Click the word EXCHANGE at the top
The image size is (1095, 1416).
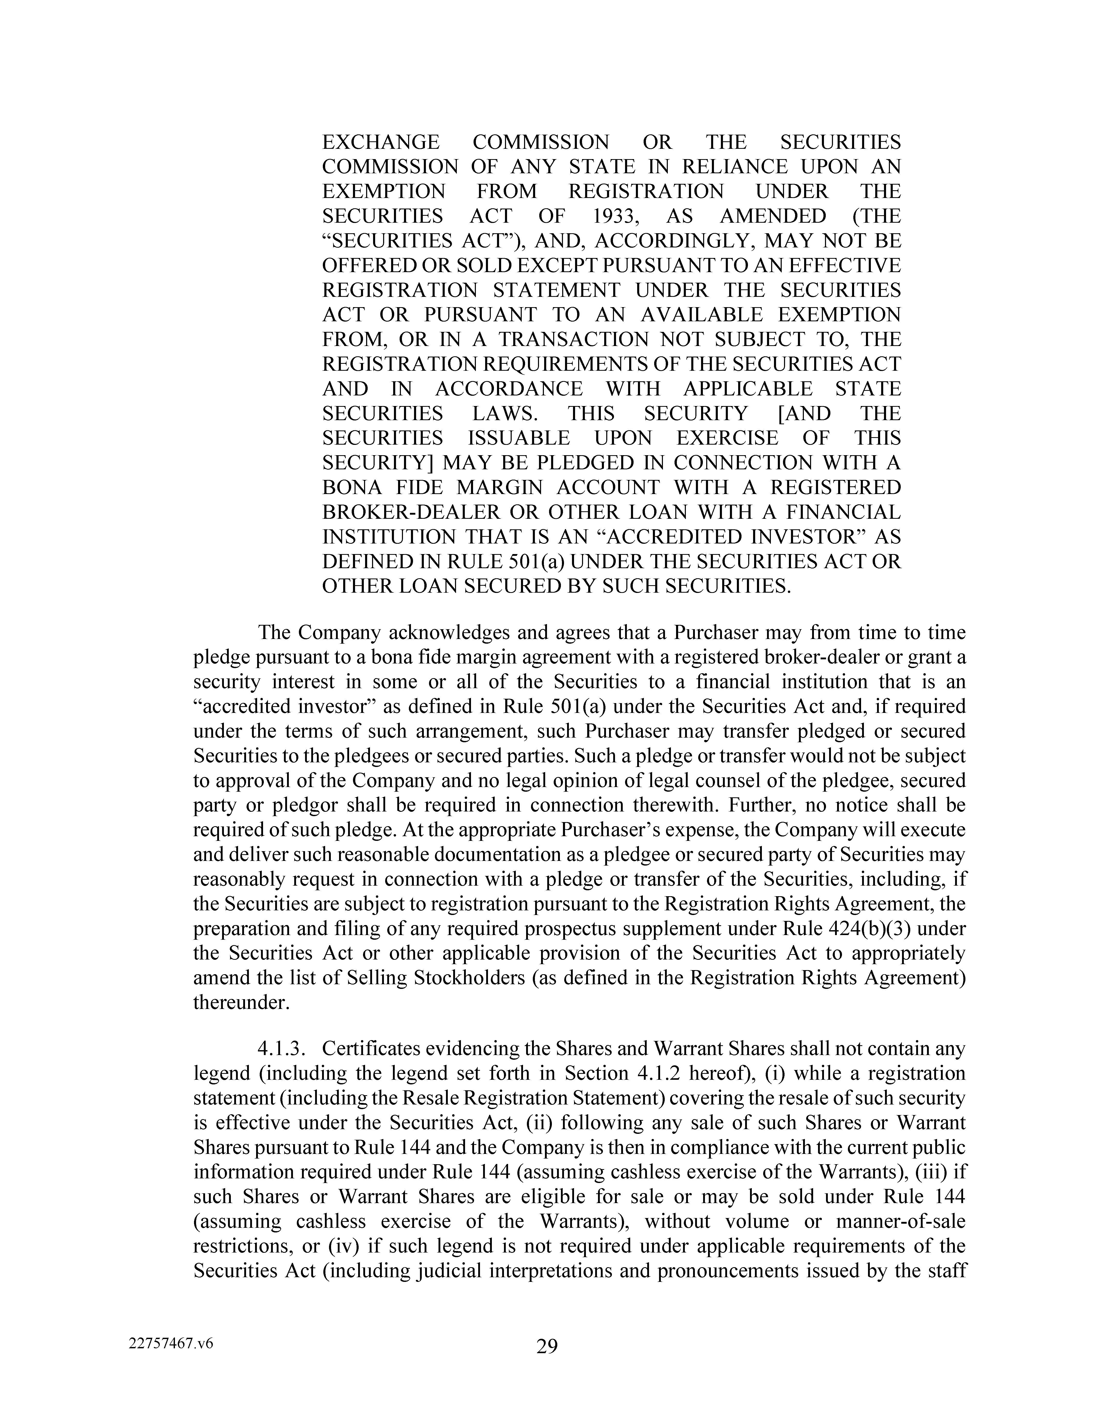[381, 142]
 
